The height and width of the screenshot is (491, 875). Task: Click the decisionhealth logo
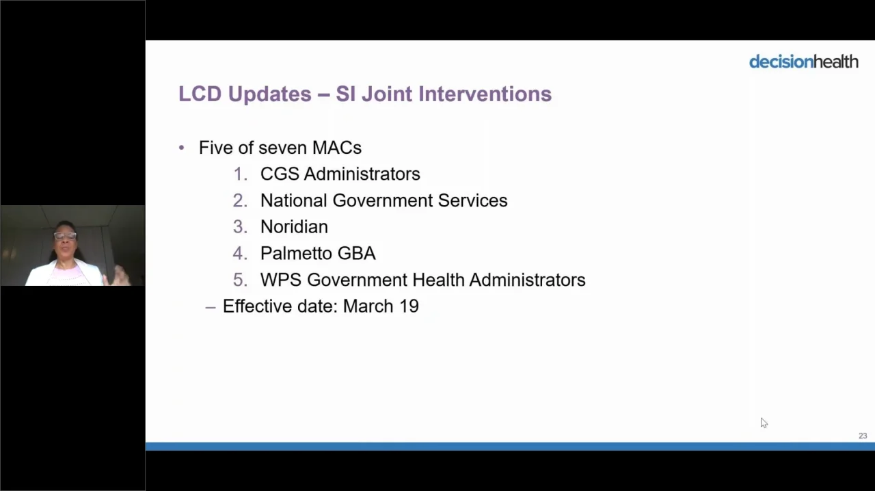pos(803,62)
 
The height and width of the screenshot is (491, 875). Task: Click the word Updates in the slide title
pos(269,94)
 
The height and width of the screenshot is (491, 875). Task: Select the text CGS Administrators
pos(340,174)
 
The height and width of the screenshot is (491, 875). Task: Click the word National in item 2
pos(293,200)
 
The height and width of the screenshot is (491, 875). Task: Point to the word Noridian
pos(294,227)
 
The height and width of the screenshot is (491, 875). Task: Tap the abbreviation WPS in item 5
pos(280,280)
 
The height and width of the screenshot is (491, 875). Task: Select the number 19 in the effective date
pos(409,306)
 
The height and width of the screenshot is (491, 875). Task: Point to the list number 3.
pos(240,227)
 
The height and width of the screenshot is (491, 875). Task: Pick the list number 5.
pos(240,280)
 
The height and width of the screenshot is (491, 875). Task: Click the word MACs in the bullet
pos(337,148)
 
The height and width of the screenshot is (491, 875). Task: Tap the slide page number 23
pos(863,436)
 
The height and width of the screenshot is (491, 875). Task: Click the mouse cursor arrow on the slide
pos(764,423)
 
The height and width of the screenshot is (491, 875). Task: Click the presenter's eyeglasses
pos(65,236)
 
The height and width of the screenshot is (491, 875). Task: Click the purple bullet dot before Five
pos(181,148)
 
